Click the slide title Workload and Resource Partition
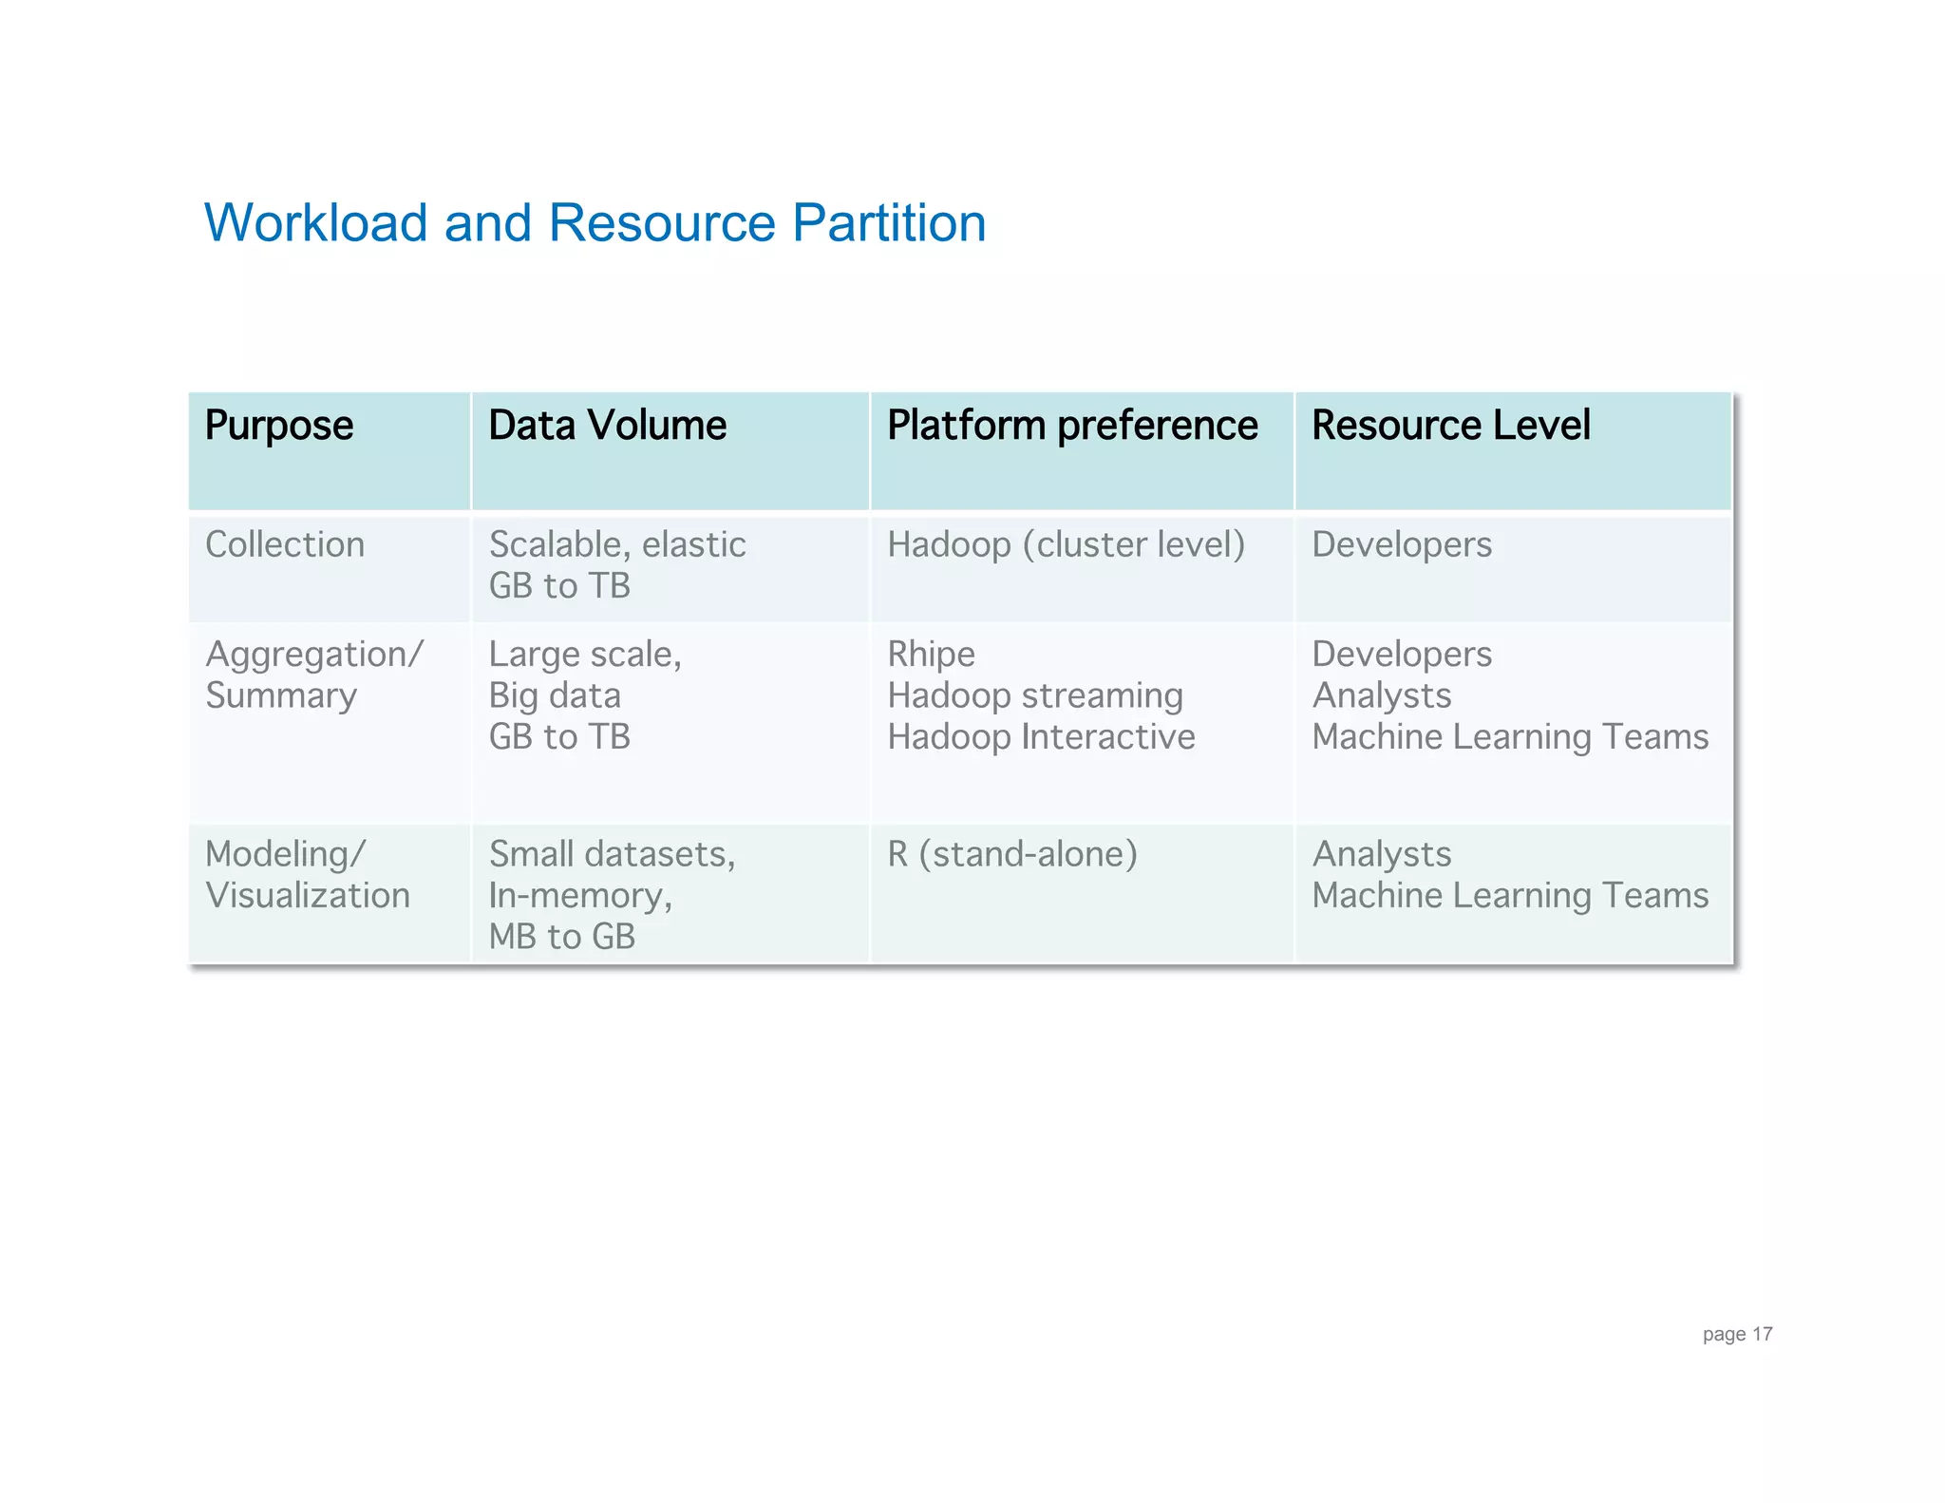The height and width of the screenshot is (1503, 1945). click(x=595, y=223)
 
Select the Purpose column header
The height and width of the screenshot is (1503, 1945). click(x=278, y=425)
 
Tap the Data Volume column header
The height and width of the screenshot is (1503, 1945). click(x=607, y=425)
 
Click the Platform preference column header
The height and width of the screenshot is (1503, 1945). click(x=1071, y=425)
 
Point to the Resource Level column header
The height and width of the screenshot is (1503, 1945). click(x=1450, y=425)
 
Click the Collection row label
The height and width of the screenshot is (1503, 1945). click(x=285, y=544)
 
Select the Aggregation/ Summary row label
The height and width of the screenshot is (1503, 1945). click(x=313, y=675)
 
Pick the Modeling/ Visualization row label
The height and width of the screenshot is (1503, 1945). click(x=307, y=874)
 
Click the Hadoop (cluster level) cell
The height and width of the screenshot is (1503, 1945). click(x=1066, y=544)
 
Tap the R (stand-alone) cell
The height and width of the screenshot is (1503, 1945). click(x=1011, y=854)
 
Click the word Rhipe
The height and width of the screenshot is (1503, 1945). click(x=931, y=655)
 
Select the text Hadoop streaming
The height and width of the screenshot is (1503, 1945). click(x=1034, y=695)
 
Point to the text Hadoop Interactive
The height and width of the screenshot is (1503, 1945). click(x=1041, y=737)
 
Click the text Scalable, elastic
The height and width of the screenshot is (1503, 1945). click(x=617, y=544)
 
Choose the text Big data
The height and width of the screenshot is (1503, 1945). click(x=555, y=695)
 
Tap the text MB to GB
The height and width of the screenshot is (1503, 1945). click(x=561, y=937)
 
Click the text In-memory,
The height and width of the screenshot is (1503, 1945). click(x=580, y=895)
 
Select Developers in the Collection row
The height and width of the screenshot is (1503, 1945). click(x=1401, y=544)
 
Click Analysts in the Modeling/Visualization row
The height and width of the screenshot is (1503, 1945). click(x=1381, y=854)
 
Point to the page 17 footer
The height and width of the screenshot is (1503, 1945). click(x=1736, y=1334)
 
